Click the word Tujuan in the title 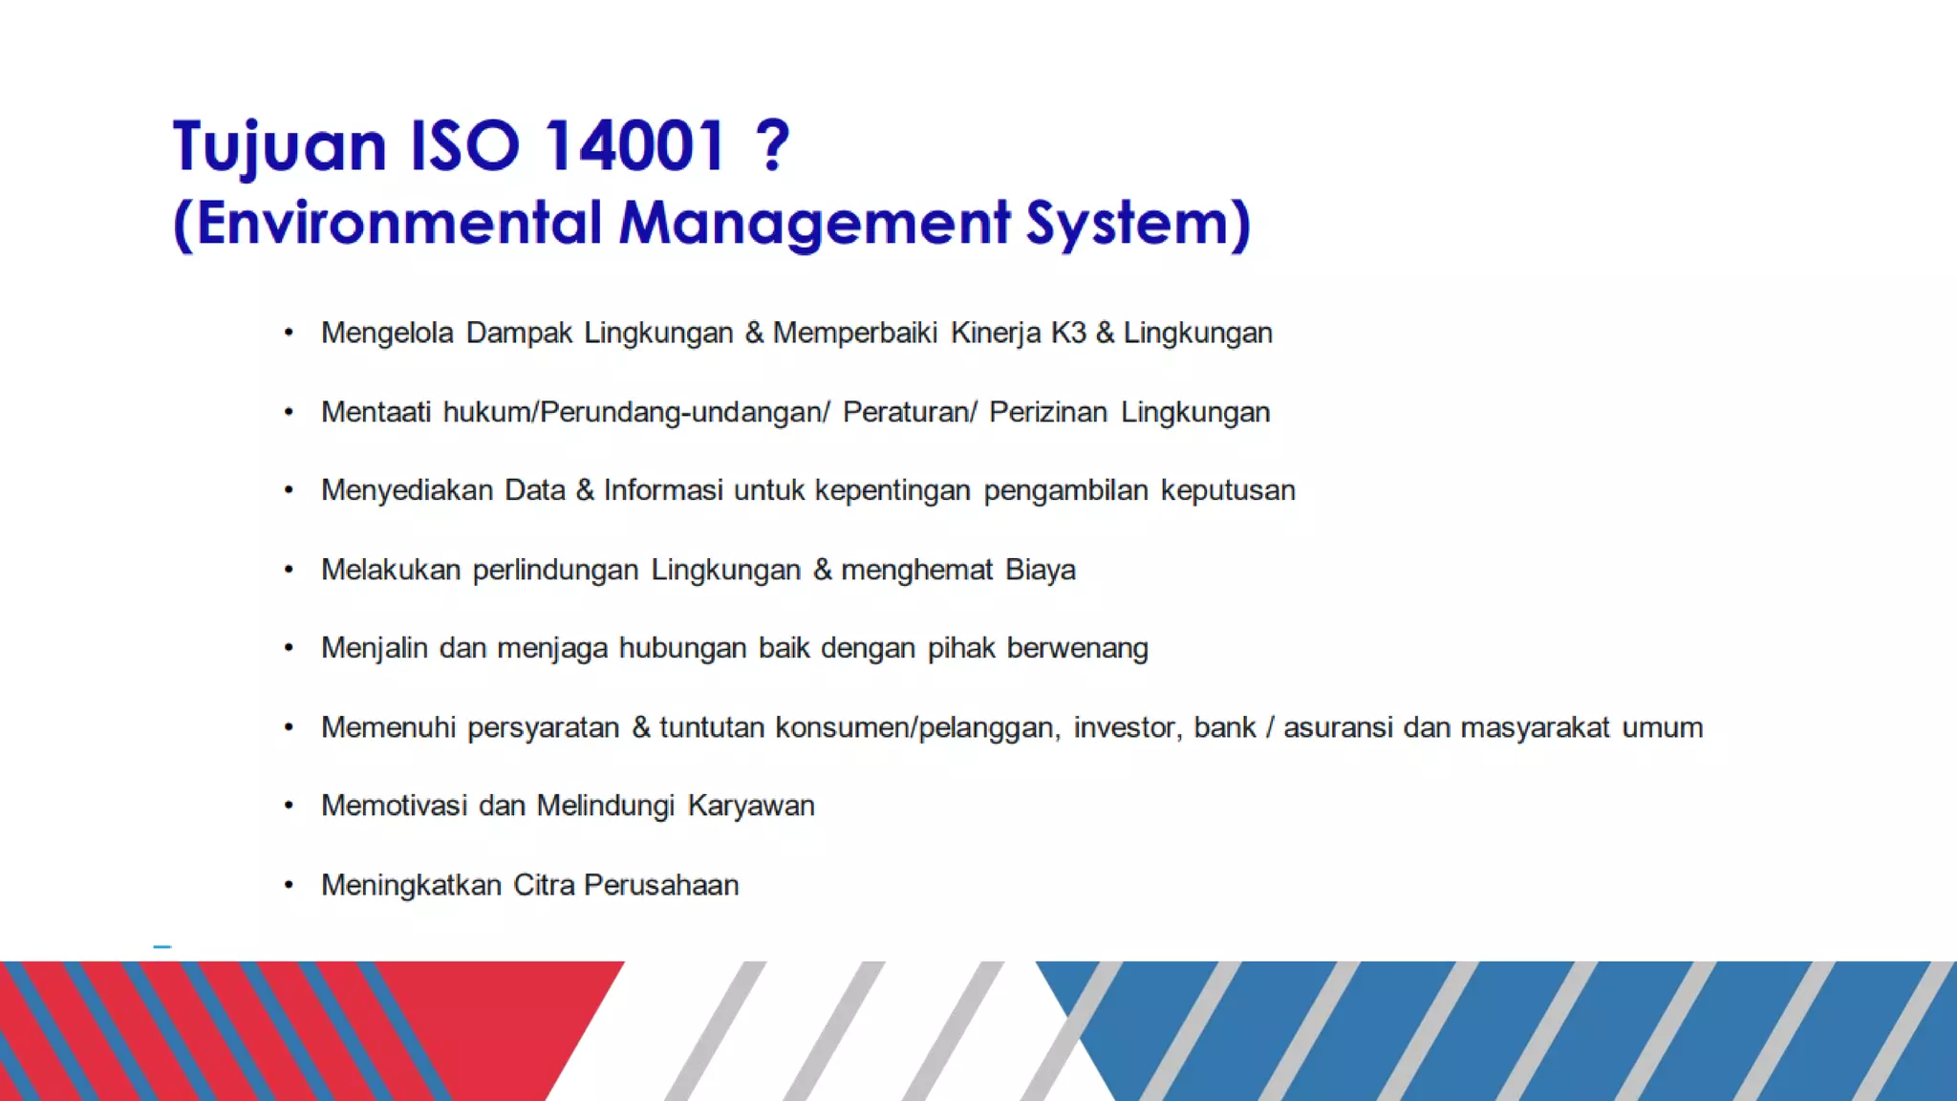pos(279,146)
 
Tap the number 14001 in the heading pos(634,146)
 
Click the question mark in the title pos(772,146)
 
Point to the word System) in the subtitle pos(1138,224)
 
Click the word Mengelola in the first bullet pos(387,333)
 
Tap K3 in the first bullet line pos(1068,333)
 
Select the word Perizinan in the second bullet pos(1048,412)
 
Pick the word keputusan pos(1228,490)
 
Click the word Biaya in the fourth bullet pos(1041,570)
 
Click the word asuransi pos(1338,727)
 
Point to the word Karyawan pos(751,806)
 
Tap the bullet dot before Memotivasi pos(289,806)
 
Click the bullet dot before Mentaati pos(289,412)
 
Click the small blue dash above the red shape pos(162,946)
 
